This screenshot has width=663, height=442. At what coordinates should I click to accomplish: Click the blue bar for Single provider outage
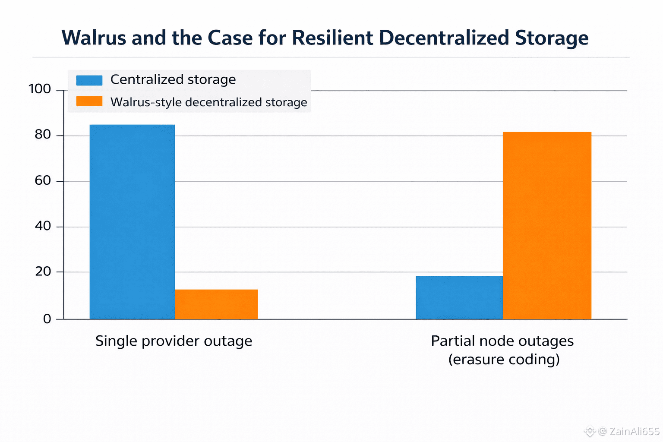coord(132,222)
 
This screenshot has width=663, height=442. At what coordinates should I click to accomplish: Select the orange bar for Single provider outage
coord(216,304)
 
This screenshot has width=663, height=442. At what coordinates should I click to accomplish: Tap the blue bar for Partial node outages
coord(459,297)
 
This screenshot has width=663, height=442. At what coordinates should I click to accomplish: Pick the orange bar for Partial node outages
coord(547,225)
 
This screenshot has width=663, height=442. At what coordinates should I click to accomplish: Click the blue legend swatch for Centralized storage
coord(89,80)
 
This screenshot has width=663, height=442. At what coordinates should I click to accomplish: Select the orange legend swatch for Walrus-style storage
coord(89,101)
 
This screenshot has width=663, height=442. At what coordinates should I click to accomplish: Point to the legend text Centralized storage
coord(173,80)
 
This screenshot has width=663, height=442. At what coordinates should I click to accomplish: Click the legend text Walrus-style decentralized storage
coord(208,102)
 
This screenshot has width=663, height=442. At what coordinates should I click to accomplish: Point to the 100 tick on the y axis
coord(40,89)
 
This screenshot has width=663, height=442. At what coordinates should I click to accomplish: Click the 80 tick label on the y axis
coord(43,135)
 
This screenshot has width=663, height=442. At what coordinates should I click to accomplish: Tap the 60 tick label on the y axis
coord(43,180)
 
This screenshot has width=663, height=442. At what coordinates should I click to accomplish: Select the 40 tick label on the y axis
coord(43,226)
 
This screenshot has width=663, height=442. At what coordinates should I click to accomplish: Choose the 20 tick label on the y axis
coord(43,272)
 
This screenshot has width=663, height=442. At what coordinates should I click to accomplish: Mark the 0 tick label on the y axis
coord(47,319)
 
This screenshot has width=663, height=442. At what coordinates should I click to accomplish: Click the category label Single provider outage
coord(174,341)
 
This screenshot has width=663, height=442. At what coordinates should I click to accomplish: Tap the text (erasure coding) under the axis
coord(504,359)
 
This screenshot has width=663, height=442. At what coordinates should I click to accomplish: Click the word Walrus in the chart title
coord(94,38)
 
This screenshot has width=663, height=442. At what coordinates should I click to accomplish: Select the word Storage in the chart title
coord(551,38)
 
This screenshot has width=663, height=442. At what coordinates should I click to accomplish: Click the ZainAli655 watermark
coord(634,431)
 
